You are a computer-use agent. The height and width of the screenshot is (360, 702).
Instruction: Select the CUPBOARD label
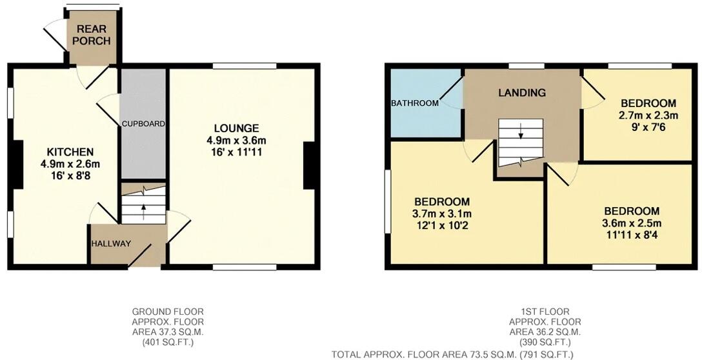pyautogui.click(x=143, y=123)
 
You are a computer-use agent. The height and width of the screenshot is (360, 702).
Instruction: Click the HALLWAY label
pyautogui.click(x=111, y=244)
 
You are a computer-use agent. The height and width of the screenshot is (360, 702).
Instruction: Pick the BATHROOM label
pyautogui.click(x=414, y=103)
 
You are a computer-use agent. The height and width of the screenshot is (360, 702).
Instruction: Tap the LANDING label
pyautogui.click(x=522, y=93)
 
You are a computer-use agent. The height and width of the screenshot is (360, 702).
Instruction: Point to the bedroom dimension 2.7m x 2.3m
pyautogui.click(x=648, y=115)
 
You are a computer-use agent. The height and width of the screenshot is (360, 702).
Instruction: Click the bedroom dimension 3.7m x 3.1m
pyautogui.click(x=442, y=214)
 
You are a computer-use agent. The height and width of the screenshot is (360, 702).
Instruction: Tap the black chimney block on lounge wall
pyautogui.click(x=309, y=166)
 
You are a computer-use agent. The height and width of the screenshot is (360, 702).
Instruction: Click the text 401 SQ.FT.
pyautogui.click(x=168, y=343)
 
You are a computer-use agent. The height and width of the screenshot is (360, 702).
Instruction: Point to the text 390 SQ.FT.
pyautogui.click(x=545, y=342)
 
